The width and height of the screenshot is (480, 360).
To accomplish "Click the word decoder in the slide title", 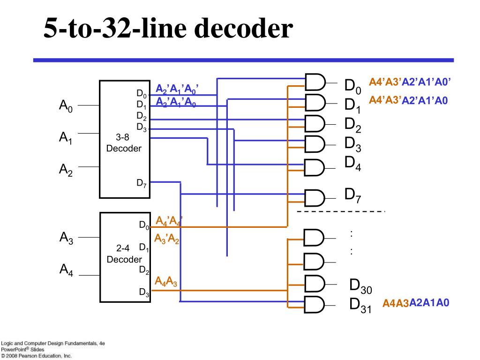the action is pyautogui.click(x=243, y=28).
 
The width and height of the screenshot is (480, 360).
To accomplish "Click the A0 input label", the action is pyautogui.click(x=66, y=106).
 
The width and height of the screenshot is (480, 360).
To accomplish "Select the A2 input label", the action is pyautogui.click(x=66, y=170).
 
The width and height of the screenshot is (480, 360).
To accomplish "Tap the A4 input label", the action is pyautogui.click(x=67, y=270).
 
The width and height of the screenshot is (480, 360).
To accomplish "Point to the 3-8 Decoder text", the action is pyautogui.click(x=124, y=142).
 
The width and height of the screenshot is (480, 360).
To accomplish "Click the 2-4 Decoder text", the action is pyautogui.click(x=124, y=254).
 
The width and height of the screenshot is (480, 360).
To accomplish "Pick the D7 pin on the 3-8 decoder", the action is pyautogui.click(x=142, y=183).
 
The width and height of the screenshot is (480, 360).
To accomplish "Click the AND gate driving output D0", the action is pyautogui.click(x=315, y=82).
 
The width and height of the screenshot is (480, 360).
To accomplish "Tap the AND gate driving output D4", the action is pyautogui.click(x=314, y=167).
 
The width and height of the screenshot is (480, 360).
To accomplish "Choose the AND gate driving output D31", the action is pyautogui.click(x=314, y=305).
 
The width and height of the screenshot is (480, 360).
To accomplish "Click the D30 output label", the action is pyautogui.click(x=360, y=286).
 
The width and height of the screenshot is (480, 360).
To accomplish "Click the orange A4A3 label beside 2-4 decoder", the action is pyautogui.click(x=166, y=281).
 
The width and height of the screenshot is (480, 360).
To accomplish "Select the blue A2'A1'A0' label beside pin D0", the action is pyautogui.click(x=177, y=89).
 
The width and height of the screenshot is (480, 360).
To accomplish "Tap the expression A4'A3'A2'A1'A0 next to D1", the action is pyautogui.click(x=408, y=100).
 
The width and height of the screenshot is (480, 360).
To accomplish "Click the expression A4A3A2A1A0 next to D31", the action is pyautogui.click(x=416, y=303).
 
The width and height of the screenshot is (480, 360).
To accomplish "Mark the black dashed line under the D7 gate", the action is pyautogui.click(x=341, y=211).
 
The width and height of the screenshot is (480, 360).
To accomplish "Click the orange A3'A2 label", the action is pyautogui.click(x=167, y=239).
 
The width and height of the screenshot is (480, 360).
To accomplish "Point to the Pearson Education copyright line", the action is pyautogui.click(x=36, y=356).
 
